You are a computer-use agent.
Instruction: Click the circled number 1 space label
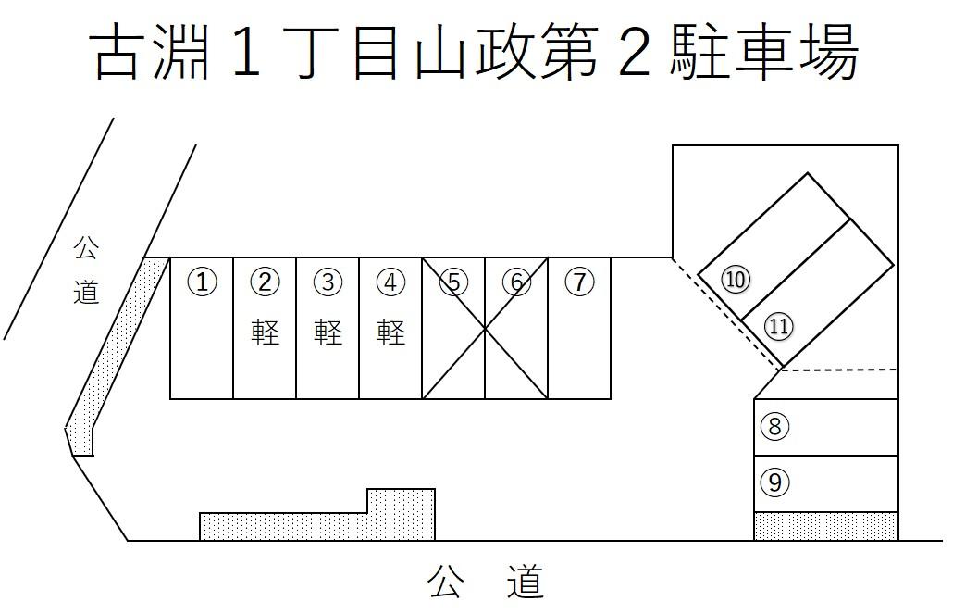pos(202,282)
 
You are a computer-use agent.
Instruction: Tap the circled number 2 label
pos(265,282)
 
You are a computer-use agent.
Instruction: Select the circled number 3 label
pos(328,282)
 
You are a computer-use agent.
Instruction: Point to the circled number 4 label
pos(390,282)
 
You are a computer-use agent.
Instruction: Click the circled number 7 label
pos(579,282)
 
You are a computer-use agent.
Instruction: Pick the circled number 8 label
pos(775,427)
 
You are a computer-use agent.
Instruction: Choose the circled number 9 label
pos(775,482)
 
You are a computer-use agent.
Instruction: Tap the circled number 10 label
pos(736,280)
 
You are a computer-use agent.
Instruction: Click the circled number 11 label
pos(779,326)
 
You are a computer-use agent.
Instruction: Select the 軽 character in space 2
pos(265,332)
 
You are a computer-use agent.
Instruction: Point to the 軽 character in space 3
pos(328,332)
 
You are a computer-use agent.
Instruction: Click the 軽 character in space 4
pos(390,332)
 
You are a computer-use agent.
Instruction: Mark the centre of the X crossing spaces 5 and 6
pos(485,329)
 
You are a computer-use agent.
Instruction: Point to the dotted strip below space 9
pos(826,526)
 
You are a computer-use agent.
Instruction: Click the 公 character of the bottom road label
pos(446,582)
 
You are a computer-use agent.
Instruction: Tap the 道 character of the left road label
pos(86,293)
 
